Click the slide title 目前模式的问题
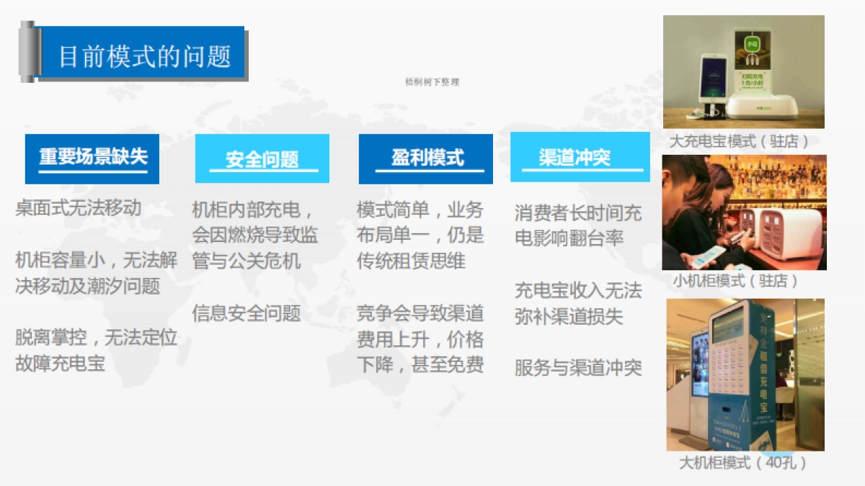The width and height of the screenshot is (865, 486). pyautogui.click(x=144, y=56)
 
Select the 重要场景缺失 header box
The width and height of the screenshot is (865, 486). pyautogui.click(x=92, y=158)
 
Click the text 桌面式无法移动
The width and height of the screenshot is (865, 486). pyautogui.click(x=78, y=209)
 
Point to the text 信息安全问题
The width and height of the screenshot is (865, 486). pyautogui.click(x=246, y=313)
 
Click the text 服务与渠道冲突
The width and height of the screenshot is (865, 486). pyautogui.click(x=577, y=368)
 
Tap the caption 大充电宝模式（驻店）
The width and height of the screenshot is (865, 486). pyautogui.click(x=740, y=141)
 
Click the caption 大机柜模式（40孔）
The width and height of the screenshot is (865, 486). pyautogui.click(x=743, y=462)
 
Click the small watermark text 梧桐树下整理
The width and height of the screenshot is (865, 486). pyautogui.click(x=432, y=82)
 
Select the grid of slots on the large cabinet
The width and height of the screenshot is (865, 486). pyautogui.click(x=729, y=367)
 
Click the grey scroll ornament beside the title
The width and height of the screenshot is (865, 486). pyautogui.click(x=28, y=52)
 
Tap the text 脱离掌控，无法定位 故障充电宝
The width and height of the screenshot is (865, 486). pyautogui.click(x=96, y=350)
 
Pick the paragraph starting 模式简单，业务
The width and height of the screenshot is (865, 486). pyautogui.click(x=420, y=235)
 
